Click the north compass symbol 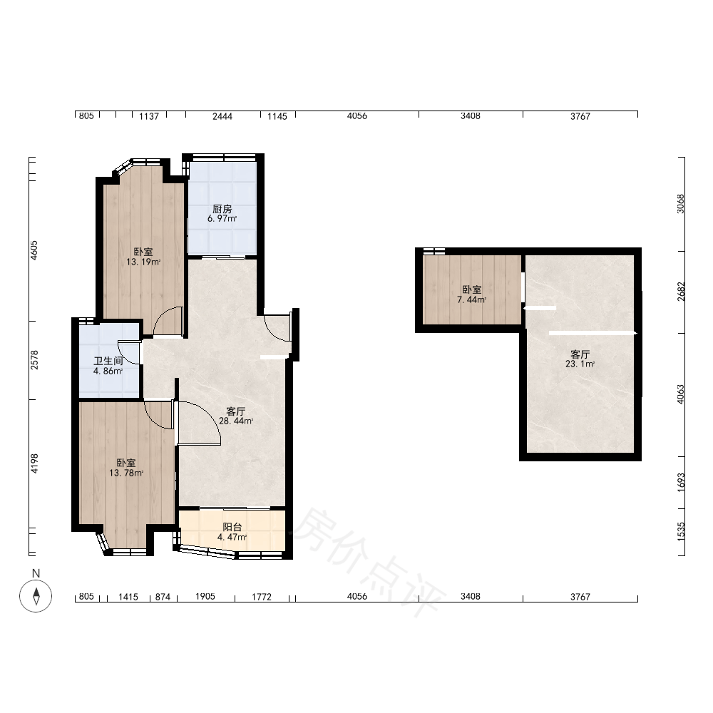click(36, 595)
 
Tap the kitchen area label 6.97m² click(222, 219)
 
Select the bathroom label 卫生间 click(108, 361)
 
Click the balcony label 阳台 click(232, 527)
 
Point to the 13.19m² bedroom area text click(143, 262)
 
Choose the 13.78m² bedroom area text click(126, 473)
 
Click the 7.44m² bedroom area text click(471, 299)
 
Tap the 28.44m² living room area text click(236, 421)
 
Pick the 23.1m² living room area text click(580, 364)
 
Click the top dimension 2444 click(222, 116)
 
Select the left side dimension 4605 click(34, 250)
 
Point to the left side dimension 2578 click(34, 359)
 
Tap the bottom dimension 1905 click(205, 596)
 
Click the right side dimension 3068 click(679, 204)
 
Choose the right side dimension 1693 click(679, 482)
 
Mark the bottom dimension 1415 click(128, 597)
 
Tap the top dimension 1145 click(277, 116)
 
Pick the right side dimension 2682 click(679, 292)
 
